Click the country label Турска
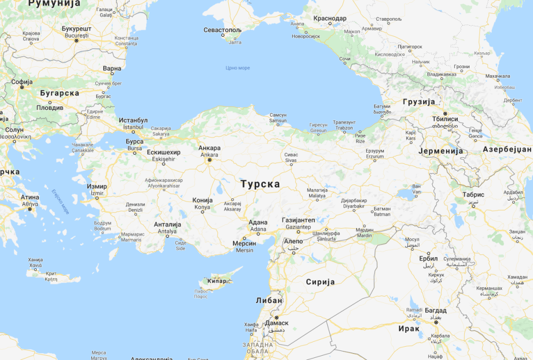pos(260,184)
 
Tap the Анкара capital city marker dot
pos(209,159)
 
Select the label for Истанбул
pos(133,121)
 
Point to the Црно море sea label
pos(238,68)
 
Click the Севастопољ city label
pos(223,30)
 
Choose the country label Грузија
pos(419,102)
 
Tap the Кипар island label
pos(219,280)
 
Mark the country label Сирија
pos(320,282)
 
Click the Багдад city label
pos(436,310)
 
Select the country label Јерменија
pos(442,151)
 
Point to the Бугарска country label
pos(60,93)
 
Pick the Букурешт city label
pos(77,28)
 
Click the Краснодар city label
pos(330,18)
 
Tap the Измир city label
pos(97,187)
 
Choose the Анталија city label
pos(167,225)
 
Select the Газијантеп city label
pos(298,220)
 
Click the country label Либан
pos(269,300)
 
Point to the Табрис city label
pos(474,195)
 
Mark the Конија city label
pos(203,200)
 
